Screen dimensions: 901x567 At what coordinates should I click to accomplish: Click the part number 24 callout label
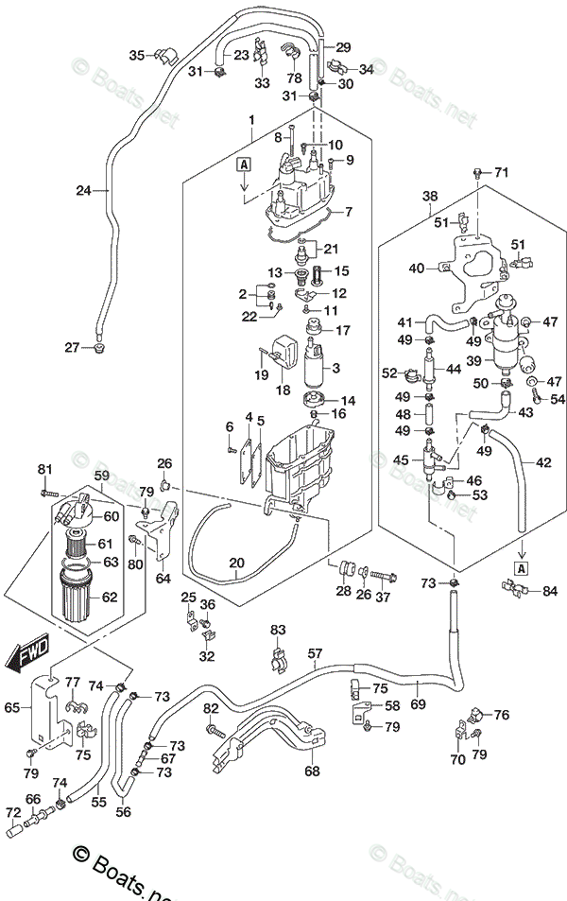(85, 190)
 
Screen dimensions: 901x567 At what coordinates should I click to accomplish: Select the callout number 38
(430, 198)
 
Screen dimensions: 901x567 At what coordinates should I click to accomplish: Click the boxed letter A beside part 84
(521, 568)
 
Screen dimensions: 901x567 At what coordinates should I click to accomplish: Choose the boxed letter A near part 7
(244, 165)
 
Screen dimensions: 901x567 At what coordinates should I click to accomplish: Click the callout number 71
(501, 172)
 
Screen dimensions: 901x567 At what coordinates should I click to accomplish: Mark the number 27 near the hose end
(72, 348)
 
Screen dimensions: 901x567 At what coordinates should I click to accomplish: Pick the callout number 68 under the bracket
(312, 771)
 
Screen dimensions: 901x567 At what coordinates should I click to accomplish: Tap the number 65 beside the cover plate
(12, 707)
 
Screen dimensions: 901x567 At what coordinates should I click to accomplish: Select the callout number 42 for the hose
(543, 462)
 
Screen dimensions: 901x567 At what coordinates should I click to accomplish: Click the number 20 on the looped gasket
(236, 563)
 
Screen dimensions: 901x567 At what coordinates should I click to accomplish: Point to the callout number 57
(315, 653)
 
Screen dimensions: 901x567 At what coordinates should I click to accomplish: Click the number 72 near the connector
(12, 812)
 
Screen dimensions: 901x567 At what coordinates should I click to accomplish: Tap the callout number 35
(136, 55)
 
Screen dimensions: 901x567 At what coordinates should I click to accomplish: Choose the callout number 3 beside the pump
(335, 368)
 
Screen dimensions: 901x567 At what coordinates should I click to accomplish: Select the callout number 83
(277, 630)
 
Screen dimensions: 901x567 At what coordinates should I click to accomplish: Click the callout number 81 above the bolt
(44, 470)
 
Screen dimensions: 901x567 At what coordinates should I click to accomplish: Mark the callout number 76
(501, 715)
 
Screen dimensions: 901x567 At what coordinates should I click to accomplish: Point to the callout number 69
(418, 704)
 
